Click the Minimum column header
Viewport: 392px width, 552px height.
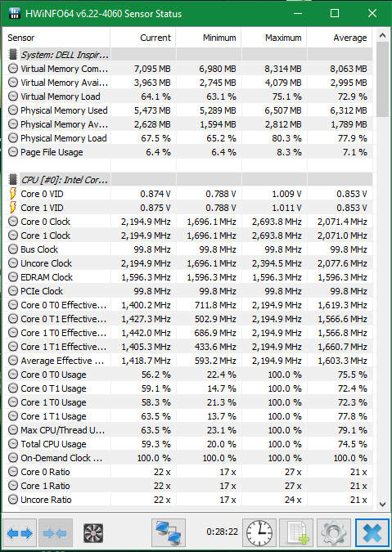coord(219,38)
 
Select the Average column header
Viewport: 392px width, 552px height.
coord(349,38)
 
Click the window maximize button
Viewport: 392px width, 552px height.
coord(335,13)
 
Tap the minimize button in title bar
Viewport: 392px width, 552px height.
coord(298,14)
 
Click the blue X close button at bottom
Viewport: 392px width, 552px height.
coord(372,533)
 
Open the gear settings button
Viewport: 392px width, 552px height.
coord(333,533)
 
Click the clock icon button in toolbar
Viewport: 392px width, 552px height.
coord(259,533)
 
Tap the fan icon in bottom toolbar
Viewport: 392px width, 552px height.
coord(93,533)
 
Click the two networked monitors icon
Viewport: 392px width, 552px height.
coord(169,533)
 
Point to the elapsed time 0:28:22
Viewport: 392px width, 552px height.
coord(223,532)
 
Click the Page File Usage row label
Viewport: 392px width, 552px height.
coord(52,152)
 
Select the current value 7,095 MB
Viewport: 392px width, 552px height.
coord(152,69)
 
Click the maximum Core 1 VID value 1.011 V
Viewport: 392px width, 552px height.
coord(286,208)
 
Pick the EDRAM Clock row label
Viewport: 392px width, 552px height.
coord(47,277)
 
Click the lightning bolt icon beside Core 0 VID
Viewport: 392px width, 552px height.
coord(13,194)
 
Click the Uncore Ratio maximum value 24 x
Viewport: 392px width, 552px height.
coord(293,500)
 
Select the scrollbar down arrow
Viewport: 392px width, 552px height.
coord(382,504)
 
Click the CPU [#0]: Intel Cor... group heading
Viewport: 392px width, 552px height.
coord(65,180)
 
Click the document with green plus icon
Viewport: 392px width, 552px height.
coord(296,533)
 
